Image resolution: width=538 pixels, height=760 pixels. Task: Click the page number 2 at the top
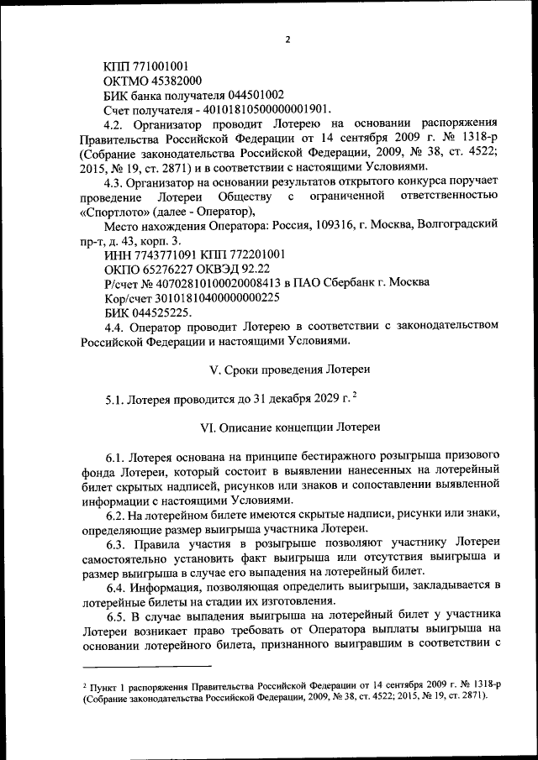[287, 39]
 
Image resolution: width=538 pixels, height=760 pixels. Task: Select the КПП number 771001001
[160, 66]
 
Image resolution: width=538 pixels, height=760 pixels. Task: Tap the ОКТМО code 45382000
[172, 80]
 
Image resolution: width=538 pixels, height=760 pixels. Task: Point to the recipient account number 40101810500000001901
[268, 109]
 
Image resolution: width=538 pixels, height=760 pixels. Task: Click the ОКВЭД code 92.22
[251, 269]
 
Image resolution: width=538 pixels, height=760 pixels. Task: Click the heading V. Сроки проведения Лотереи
[288, 370]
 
